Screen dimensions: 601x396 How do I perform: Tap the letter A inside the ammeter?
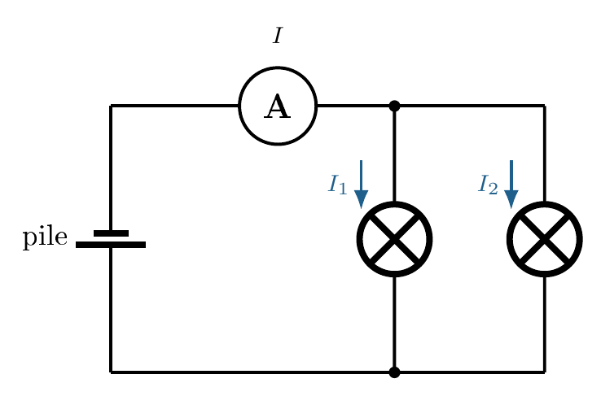coord(278,107)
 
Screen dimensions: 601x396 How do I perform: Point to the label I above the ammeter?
coord(278,36)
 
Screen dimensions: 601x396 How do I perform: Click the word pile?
coord(45,237)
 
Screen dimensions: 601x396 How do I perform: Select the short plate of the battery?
coord(111,233)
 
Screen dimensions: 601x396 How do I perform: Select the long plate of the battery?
coord(111,245)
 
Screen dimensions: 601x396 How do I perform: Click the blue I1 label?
coord(338,184)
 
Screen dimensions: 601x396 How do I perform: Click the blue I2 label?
coord(488,184)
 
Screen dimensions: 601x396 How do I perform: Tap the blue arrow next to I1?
coord(361,185)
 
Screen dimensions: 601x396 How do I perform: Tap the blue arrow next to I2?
coord(511,185)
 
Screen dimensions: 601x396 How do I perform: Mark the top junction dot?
coord(394,106)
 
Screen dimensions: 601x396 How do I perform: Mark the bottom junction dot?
coord(394,372)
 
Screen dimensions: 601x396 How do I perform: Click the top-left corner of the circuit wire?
coord(111,106)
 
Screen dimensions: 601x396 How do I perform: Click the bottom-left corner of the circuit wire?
coord(111,372)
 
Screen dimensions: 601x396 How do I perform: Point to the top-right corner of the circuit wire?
coord(545,106)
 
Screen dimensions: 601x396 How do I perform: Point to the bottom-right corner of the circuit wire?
coord(545,372)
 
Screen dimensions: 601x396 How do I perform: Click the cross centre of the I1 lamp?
coord(394,239)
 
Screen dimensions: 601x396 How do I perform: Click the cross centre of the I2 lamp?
coord(545,239)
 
